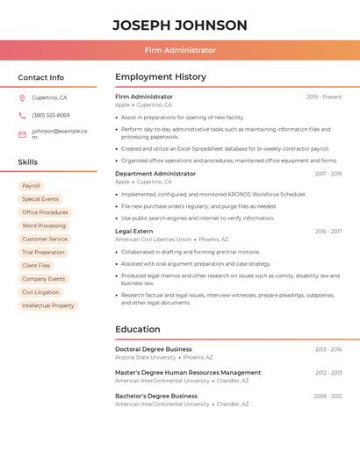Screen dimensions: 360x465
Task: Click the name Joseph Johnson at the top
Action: tap(180, 25)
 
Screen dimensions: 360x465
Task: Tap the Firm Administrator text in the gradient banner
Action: tap(180, 50)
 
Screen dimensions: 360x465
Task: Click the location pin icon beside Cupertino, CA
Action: tap(22, 98)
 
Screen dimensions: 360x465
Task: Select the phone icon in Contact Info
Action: tap(22, 115)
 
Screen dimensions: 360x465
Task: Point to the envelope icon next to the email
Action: tap(22, 134)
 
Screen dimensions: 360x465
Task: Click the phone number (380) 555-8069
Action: tap(51, 115)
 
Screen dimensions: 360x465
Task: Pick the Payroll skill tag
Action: tap(31, 186)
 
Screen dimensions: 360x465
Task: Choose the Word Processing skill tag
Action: tap(44, 225)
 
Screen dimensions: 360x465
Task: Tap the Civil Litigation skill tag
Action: tap(40, 292)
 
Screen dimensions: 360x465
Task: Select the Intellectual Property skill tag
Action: tap(48, 305)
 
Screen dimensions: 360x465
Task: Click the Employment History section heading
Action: tap(161, 77)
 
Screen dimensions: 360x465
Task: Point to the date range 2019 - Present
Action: tap(324, 97)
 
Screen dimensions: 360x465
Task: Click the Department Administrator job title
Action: tap(155, 174)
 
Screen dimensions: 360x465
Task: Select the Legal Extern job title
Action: tap(134, 231)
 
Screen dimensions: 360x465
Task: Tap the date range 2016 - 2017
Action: tap(328, 232)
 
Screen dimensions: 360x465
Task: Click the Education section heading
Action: tap(138, 329)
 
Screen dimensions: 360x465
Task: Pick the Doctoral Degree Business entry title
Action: tap(154, 349)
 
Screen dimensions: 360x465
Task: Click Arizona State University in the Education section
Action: tap(146, 358)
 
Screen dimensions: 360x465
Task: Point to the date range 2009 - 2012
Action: tap(328, 397)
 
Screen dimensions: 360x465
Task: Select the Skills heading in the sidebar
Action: tap(28, 162)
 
